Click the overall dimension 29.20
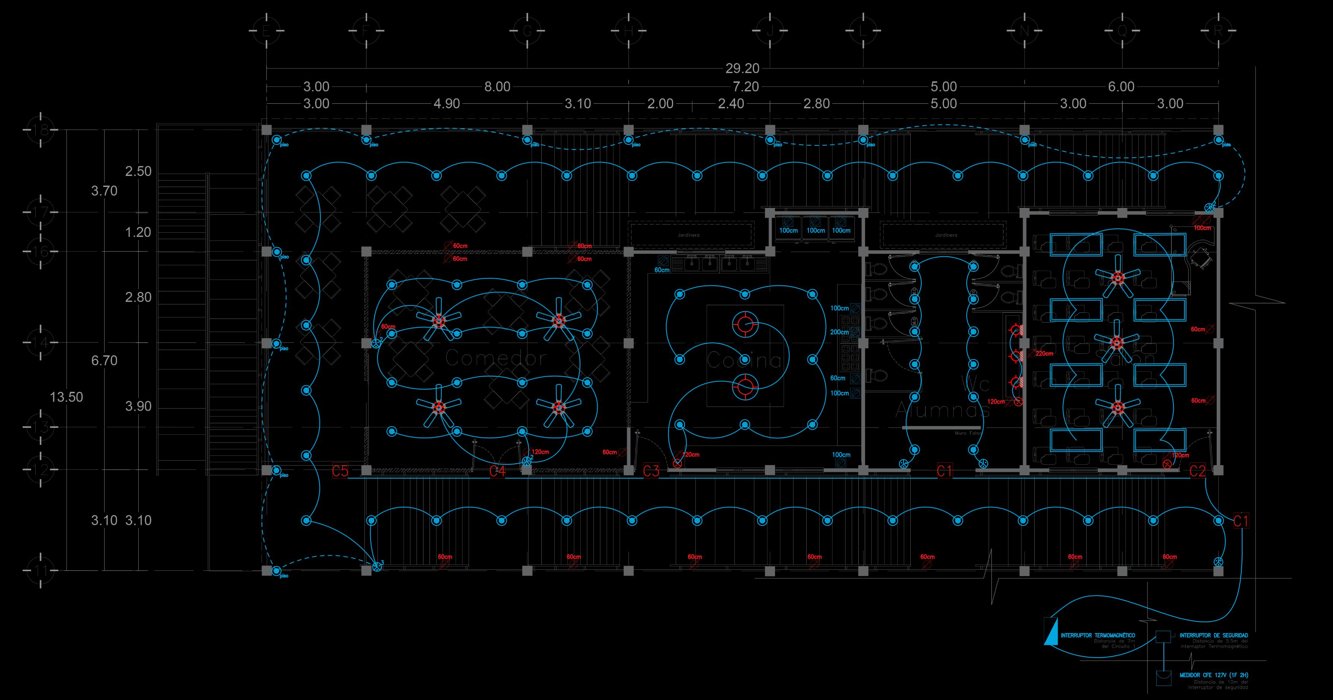click(x=742, y=68)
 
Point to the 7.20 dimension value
click(x=746, y=86)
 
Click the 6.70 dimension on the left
click(x=104, y=360)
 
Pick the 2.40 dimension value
click(x=731, y=103)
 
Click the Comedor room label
click(x=495, y=358)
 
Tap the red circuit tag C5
click(x=340, y=471)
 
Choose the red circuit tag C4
click(x=497, y=471)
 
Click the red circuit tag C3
click(x=651, y=471)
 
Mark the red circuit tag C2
click(x=1197, y=471)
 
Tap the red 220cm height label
click(x=1044, y=354)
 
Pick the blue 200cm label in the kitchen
click(x=839, y=332)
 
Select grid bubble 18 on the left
click(x=41, y=130)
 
